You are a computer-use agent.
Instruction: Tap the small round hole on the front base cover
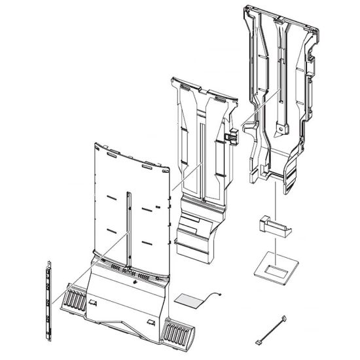[x=135, y=283]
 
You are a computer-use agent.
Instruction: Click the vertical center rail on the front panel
[x=129, y=229]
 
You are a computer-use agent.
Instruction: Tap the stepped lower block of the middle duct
[x=196, y=232]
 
